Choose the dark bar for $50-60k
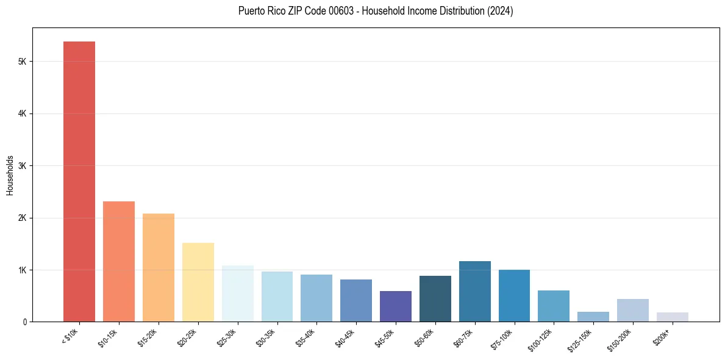435,299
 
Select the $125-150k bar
593,317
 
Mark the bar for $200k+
673,317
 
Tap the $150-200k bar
633,310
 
